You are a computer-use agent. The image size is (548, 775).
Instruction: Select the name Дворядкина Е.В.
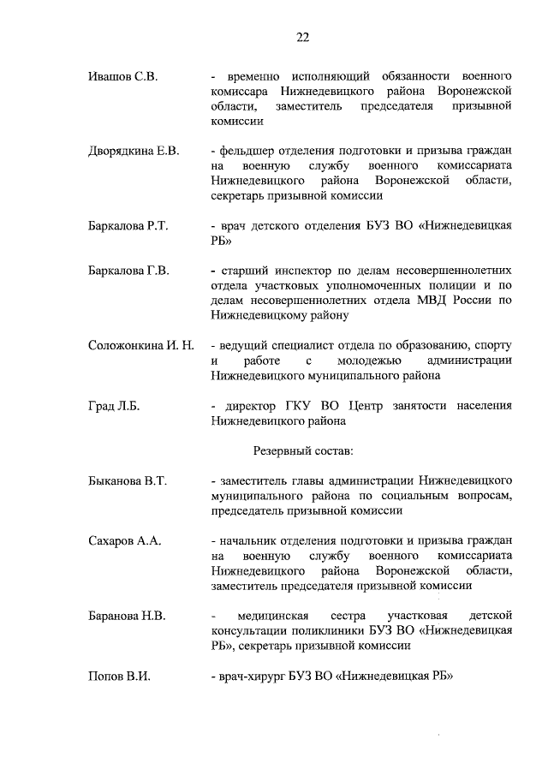click(134, 151)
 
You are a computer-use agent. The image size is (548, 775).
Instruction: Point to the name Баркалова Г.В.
click(128, 271)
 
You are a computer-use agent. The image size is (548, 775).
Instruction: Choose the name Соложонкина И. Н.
click(142, 345)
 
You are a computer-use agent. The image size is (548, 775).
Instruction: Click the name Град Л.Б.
click(114, 406)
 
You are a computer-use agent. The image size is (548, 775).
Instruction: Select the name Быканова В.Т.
click(128, 481)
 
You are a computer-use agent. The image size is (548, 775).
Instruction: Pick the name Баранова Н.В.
click(127, 616)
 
